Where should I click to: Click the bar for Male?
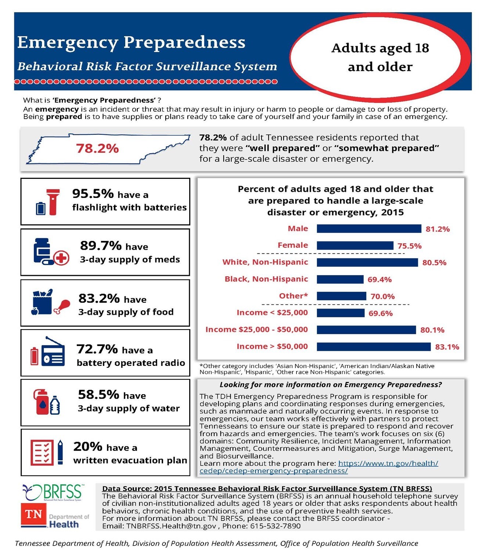[368, 228]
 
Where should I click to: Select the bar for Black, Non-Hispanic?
[340, 279]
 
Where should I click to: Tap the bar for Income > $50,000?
[373, 347]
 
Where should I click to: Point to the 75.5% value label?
[409, 246]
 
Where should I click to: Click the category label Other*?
[293, 296]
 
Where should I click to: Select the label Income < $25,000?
[272, 313]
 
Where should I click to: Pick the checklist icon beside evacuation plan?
[42, 452]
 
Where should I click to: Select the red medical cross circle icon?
[61, 258]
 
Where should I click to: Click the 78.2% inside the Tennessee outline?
[97, 148]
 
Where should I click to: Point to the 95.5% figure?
[93, 194]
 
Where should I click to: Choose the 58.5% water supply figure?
[98, 395]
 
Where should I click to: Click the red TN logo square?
[33, 515]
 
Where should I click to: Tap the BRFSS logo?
[53, 492]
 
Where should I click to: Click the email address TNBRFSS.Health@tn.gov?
[171, 526]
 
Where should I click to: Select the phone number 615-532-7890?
[275, 526]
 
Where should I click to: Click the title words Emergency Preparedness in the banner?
[131, 42]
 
